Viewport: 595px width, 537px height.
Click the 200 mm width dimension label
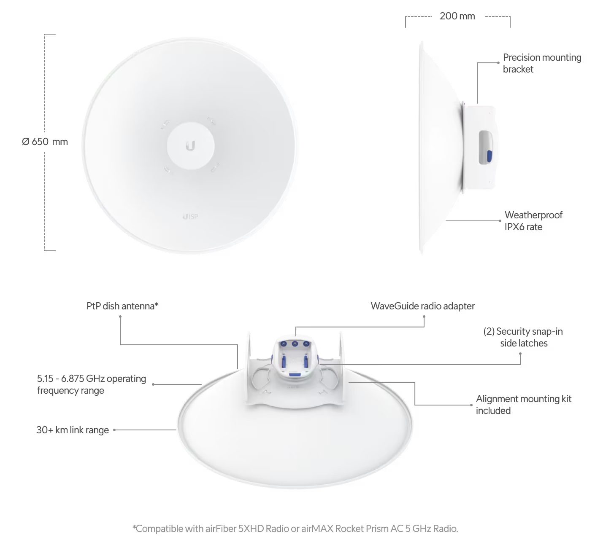pos(457,16)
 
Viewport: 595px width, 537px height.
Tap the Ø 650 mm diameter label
pos(45,142)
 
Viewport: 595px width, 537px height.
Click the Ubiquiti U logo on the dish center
pos(190,145)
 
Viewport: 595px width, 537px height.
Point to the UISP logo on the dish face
pos(190,217)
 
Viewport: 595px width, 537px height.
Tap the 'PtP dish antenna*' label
pos(122,306)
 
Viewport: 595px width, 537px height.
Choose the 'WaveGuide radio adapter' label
pos(423,306)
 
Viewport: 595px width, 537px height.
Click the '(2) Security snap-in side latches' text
pos(523,337)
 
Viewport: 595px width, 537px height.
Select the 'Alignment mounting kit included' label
pos(524,405)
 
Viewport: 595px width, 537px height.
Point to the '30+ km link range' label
pos(73,430)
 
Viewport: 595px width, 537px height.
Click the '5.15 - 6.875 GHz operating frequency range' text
pos(91,384)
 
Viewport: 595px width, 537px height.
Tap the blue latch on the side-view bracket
pos(490,156)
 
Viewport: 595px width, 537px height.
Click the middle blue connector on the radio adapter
pos(295,344)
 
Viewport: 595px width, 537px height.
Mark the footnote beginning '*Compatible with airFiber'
pos(295,529)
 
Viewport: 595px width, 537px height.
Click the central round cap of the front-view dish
pos(190,145)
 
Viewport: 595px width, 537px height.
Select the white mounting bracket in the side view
pos(479,147)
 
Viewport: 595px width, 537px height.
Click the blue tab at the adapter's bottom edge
pos(295,375)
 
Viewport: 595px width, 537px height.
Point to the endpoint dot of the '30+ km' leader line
pos(114,430)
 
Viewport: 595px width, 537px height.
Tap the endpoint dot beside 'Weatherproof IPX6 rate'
pos(500,221)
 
